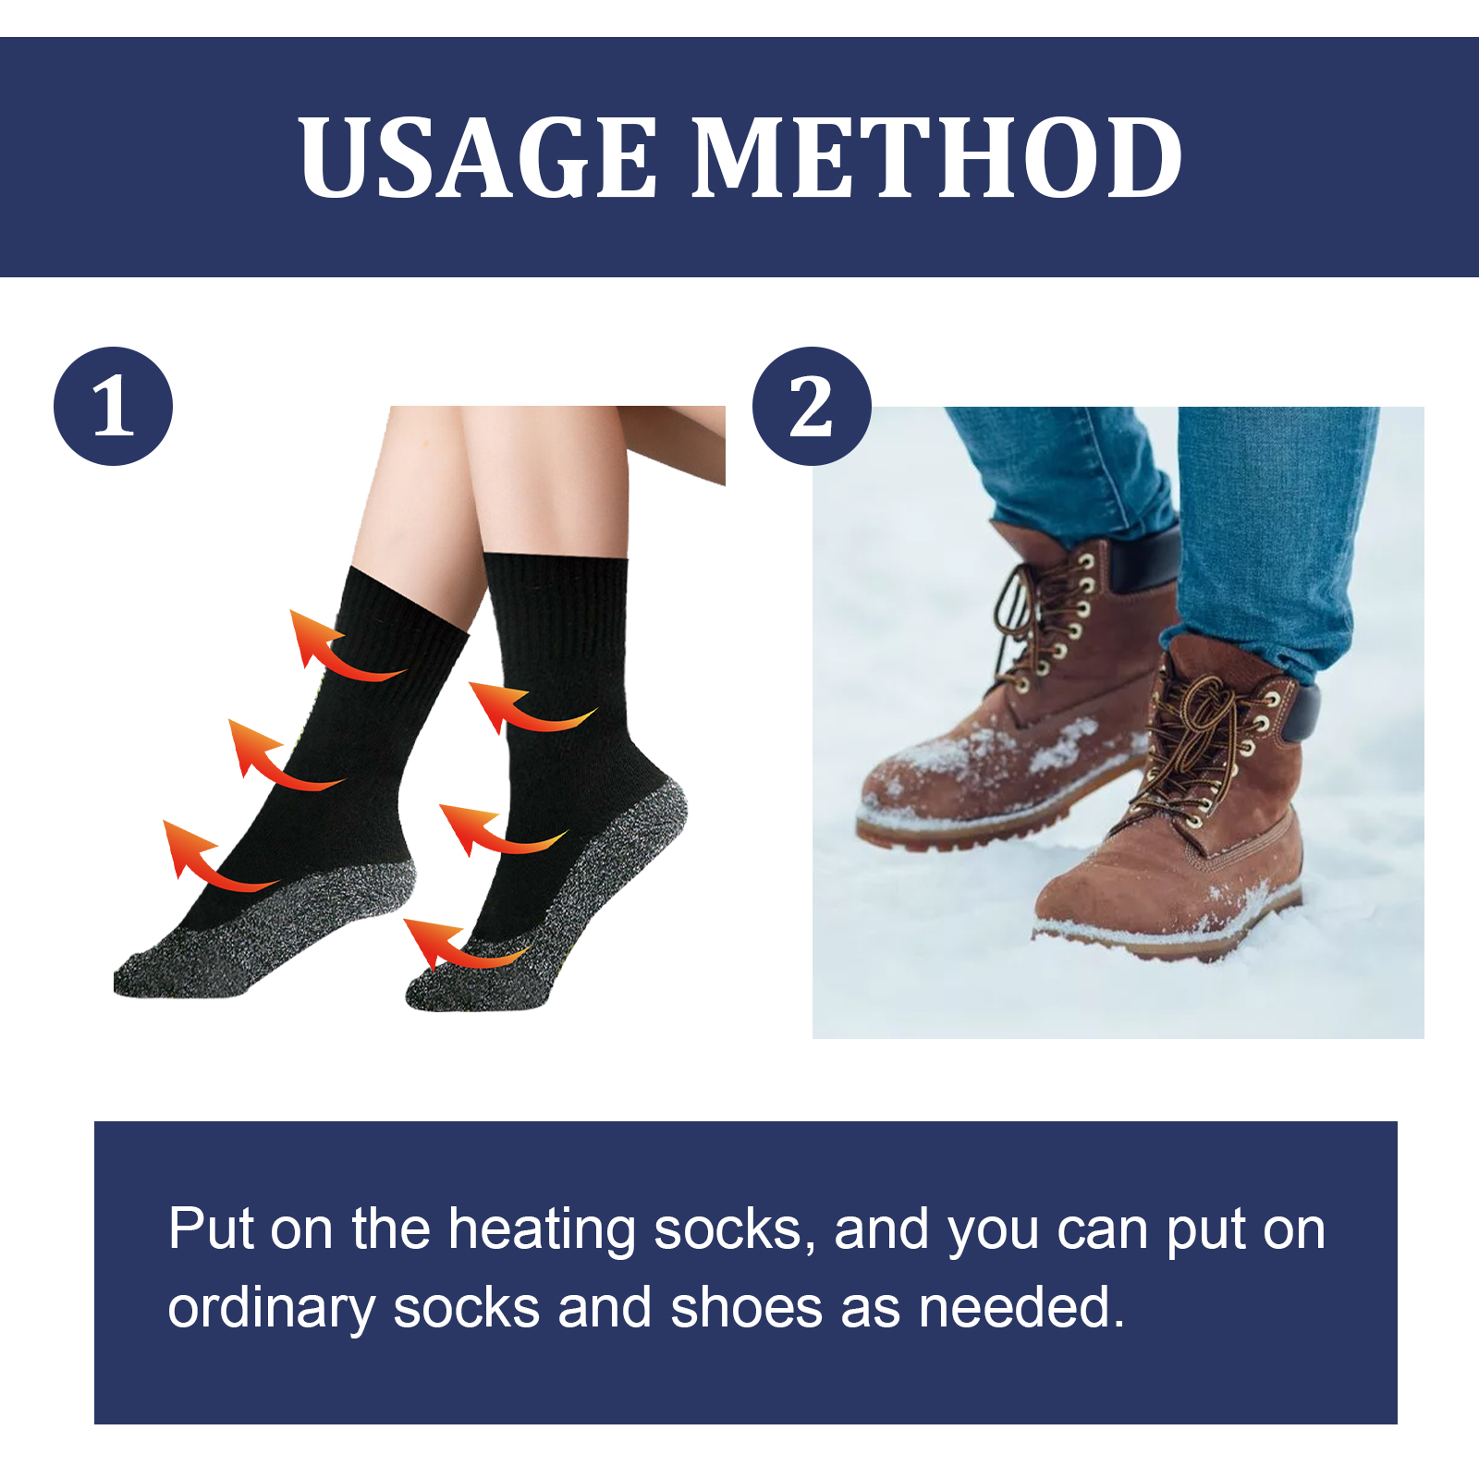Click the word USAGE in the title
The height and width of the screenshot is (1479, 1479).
(478, 157)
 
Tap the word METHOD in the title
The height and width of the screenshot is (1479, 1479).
(936, 157)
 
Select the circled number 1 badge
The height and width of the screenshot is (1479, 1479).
(113, 406)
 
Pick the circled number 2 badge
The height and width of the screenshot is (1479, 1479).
(812, 406)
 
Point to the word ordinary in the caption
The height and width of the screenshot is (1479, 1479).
(271, 1309)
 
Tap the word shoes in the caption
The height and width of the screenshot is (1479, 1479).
(746, 1309)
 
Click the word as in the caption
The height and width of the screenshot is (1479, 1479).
(870, 1309)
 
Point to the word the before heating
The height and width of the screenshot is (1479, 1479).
(390, 1230)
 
